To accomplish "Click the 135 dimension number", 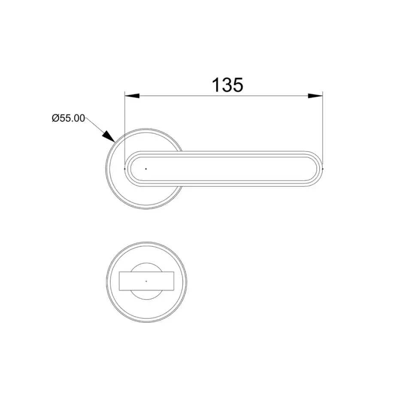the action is click(227, 85).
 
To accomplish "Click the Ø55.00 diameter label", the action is click(68, 118).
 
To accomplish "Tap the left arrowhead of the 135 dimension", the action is click(132, 96).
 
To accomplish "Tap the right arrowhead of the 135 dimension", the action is click(315, 96).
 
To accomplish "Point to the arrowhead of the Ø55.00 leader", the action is click(109, 136).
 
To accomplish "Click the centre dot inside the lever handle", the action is click(146, 169).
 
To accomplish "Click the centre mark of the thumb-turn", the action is click(146, 281).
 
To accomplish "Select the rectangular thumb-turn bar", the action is click(146, 281).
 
